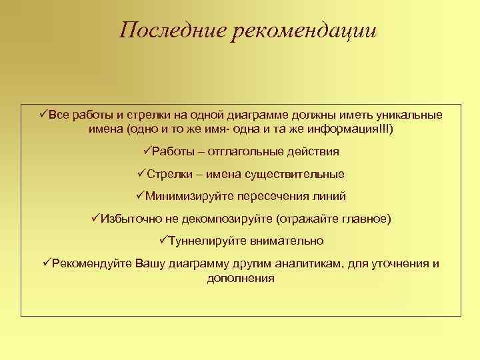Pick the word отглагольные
point(249,152)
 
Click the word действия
point(313,152)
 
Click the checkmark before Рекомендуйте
point(47,263)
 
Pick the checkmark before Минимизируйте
point(140,196)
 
